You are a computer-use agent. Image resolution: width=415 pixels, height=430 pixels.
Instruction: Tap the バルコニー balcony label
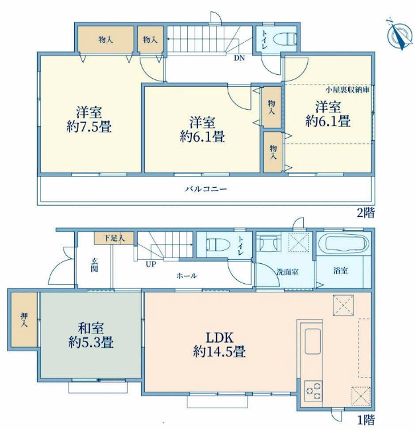(x=205, y=189)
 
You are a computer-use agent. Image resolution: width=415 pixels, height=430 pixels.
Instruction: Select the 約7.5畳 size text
(x=89, y=128)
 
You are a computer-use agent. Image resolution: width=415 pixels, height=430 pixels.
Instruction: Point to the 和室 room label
(x=89, y=327)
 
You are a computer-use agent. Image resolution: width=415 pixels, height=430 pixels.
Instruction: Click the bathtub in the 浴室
(x=342, y=245)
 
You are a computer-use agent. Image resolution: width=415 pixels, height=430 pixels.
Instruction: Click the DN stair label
(x=238, y=58)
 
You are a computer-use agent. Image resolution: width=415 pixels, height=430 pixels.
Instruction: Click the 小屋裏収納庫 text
(x=347, y=89)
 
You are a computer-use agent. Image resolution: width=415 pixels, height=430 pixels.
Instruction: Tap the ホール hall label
(x=186, y=275)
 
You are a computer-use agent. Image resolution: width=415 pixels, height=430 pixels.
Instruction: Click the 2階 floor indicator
(x=366, y=213)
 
